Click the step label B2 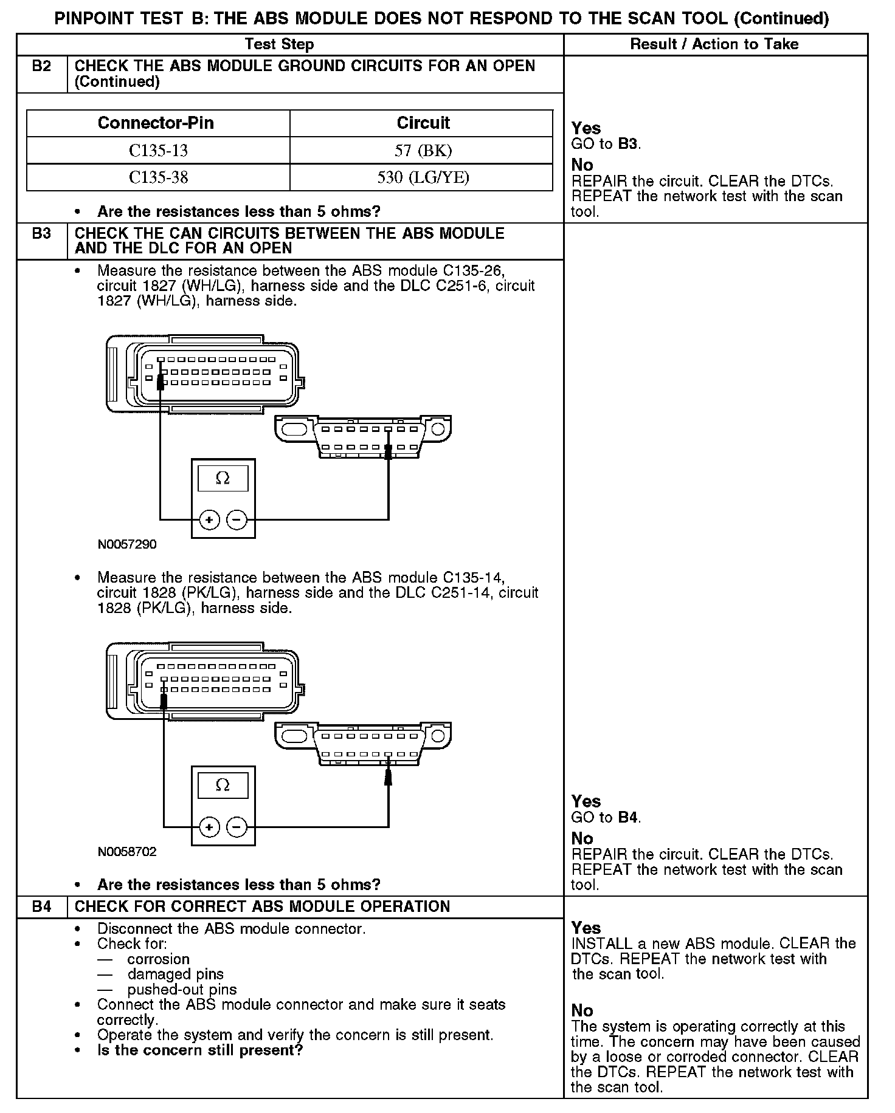[x=41, y=66]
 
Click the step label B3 [x=41, y=234]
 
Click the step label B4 [x=41, y=907]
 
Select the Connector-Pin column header [x=156, y=123]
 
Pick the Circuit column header [x=423, y=123]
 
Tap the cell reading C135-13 [x=158, y=151]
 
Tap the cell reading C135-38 [x=158, y=177]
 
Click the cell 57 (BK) [x=423, y=151]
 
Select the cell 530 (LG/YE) [x=423, y=177]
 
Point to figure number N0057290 [x=127, y=545]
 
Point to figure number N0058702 [x=127, y=852]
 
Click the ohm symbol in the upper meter [x=223, y=479]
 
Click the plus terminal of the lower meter [x=209, y=827]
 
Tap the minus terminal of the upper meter [x=237, y=520]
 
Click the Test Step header [x=279, y=44]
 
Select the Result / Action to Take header [x=714, y=44]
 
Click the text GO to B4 [x=606, y=818]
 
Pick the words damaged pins [x=175, y=974]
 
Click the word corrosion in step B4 [x=158, y=959]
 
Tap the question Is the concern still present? [x=200, y=1050]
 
